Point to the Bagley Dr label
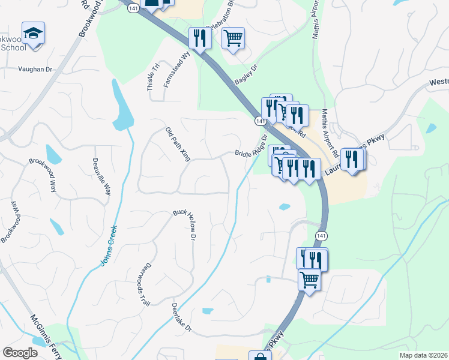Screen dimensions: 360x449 click(246, 75)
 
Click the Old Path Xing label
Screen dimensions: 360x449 click(178, 145)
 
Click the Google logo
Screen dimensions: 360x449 click(20, 353)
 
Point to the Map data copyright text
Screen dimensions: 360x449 click(423, 355)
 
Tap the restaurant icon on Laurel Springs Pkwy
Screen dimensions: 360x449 click(352, 159)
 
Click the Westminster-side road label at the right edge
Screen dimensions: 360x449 click(439, 83)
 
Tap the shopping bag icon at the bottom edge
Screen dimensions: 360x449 click(261, 356)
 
